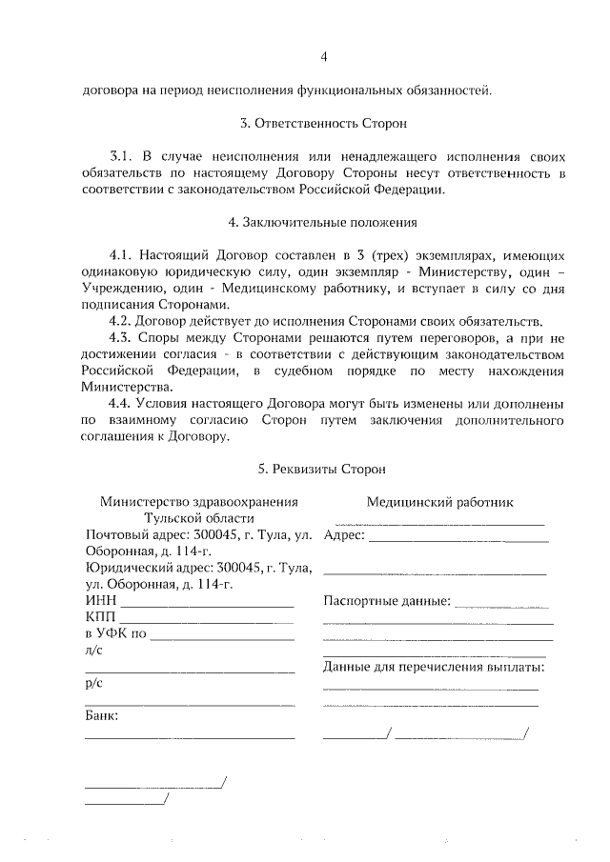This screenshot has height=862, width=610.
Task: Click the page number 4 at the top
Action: pos(323,57)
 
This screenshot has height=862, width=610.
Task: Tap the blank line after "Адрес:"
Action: pos(458,540)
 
